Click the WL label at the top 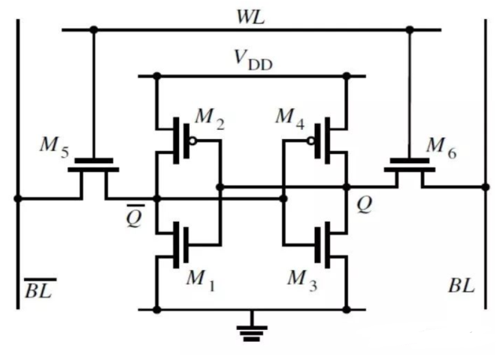pos(250,17)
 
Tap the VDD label pos(253,61)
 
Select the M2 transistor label pos(210,119)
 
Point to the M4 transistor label pos(290,119)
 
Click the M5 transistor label pos(54,147)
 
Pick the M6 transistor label pos(441,148)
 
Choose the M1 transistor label pos(202,280)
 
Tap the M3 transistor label pos(302,280)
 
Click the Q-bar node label pos(134,216)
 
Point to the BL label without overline pos(461,285)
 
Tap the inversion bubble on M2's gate pos(192,141)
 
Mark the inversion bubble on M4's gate pos(311,141)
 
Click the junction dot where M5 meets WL pos(94,30)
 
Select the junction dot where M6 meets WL pos(410,30)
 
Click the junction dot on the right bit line pos(486,187)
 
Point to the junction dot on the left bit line pos(18,198)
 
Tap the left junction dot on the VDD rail pos(157,76)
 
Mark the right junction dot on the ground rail pos(347,310)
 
